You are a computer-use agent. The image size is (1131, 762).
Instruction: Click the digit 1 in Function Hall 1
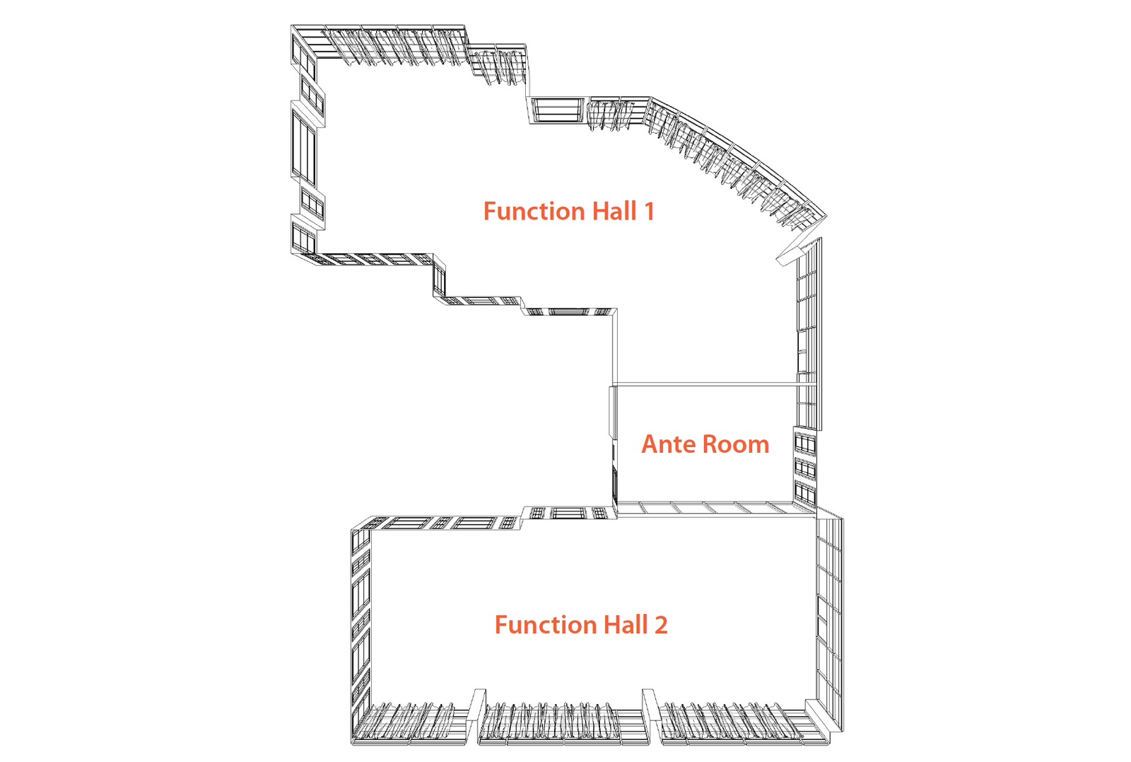(649, 212)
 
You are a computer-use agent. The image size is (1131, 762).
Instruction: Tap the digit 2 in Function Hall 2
(661, 625)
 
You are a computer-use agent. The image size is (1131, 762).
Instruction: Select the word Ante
(669, 444)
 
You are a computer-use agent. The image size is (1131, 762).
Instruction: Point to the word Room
(736, 444)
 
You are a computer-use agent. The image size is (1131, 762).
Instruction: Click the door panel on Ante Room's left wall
(613, 412)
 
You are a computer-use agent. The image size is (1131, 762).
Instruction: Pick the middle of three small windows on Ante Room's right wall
(805, 469)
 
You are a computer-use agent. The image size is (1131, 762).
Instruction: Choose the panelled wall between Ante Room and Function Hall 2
(716, 509)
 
